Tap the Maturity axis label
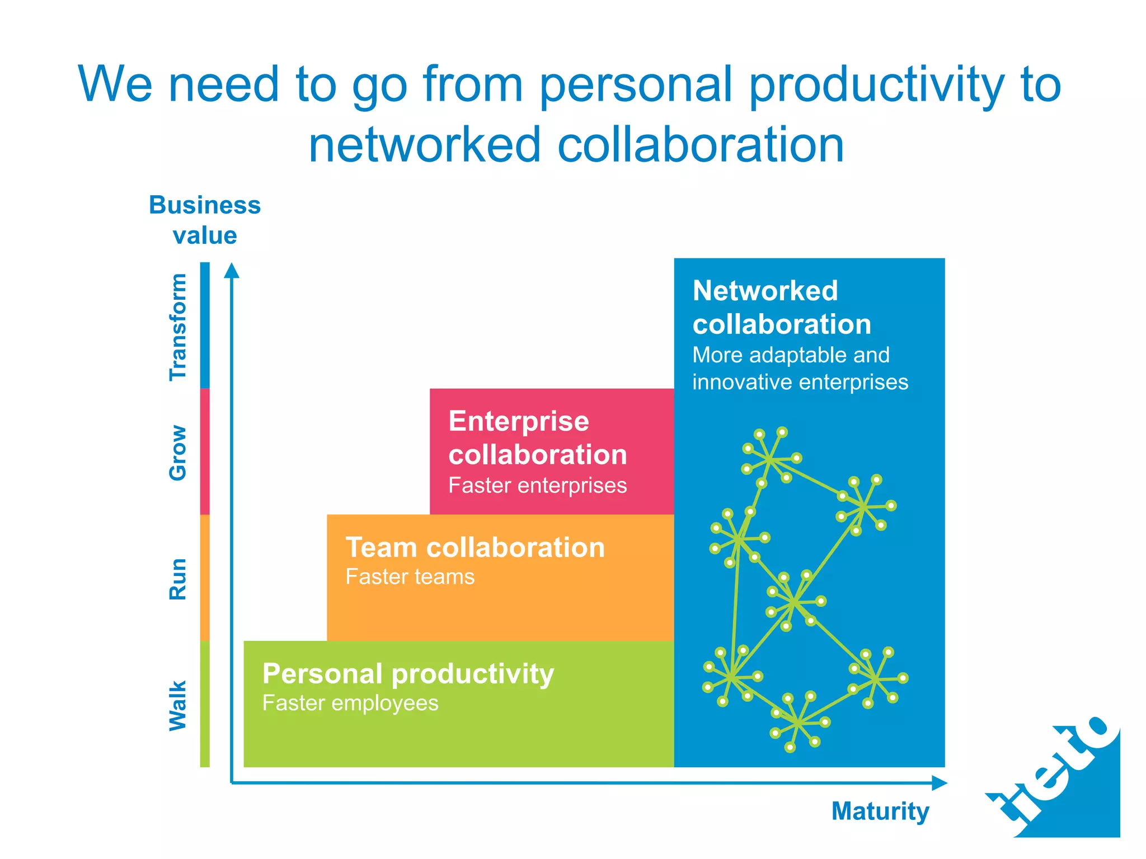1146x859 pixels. point(880,811)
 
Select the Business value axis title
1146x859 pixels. point(205,220)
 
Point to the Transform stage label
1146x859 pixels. point(178,327)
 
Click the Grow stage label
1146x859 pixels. point(178,452)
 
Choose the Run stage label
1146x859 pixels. point(178,579)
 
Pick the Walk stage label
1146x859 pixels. point(178,705)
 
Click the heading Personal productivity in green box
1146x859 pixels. point(408,673)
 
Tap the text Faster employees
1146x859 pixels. point(350,703)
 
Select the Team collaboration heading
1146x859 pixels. point(475,547)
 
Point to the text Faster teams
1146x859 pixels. point(410,577)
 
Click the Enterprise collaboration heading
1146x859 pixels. point(537,437)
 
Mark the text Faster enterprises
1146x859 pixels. point(537,485)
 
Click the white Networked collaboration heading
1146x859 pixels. point(781,307)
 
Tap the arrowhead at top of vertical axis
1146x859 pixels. point(232,271)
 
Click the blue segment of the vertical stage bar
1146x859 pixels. point(205,325)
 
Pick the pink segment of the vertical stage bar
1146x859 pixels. point(205,451)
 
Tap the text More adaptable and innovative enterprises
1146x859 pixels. point(800,369)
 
